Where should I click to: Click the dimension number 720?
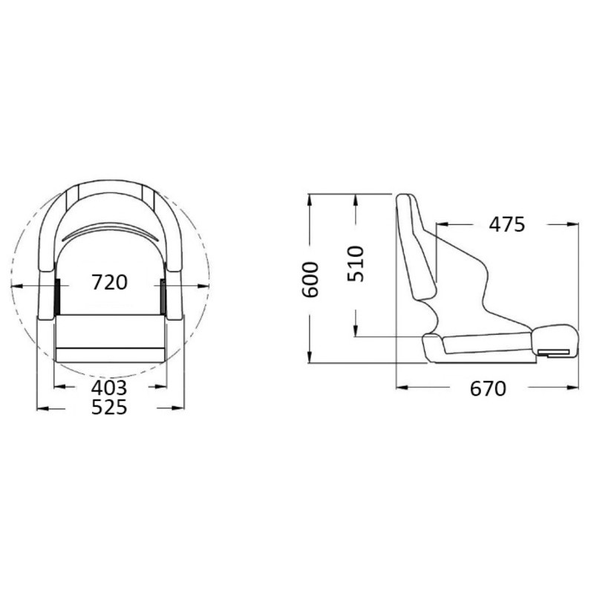(x=109, y=282)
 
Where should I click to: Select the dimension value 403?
(x=109, y=388)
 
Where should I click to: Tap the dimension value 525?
(x=109, y=407)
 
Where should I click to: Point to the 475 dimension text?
(x=507, y=224)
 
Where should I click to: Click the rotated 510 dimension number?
(x=356, y=264)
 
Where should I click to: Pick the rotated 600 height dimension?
(x=310, y=280)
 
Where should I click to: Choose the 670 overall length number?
(x=488, y=388)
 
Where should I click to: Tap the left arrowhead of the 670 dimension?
(x=402, y=387)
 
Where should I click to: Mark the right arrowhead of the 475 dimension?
(x=572, y=224)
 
